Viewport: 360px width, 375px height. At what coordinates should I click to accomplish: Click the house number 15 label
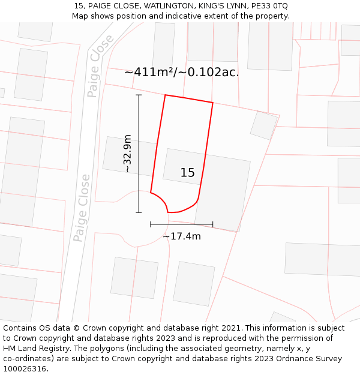point(187,173)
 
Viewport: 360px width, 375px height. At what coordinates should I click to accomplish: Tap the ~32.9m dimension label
point(127,154)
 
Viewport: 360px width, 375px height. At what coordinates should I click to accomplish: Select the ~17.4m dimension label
point(182,236)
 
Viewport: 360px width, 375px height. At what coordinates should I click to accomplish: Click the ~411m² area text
point(151,72)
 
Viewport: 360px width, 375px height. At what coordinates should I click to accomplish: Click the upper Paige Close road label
point(100,65)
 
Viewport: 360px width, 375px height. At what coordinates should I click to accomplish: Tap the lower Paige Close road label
point(82,208)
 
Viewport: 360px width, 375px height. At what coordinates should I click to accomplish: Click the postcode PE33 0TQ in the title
point(268,5)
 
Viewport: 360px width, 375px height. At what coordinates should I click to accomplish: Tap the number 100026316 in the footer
point(25,369)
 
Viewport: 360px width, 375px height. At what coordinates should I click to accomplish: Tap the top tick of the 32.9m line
point(139,95)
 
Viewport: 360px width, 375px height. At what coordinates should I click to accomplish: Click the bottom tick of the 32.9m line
point(139,212)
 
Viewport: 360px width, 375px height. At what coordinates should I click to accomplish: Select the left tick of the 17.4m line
point(151,224)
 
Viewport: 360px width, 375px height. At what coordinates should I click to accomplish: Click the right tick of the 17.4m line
point(213,224)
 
